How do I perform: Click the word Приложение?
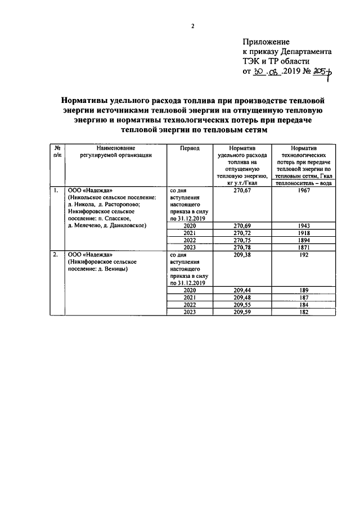[266, 42]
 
